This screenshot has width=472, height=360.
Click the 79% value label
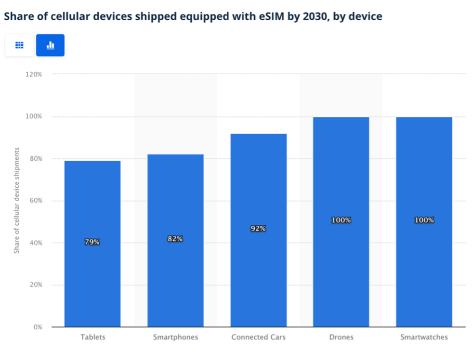point(92,242)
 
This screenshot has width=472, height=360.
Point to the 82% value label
point(175,239)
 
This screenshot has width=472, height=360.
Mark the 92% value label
point(258,229)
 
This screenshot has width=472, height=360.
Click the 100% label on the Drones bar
point(341,220)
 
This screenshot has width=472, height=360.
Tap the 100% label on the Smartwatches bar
point(424,220)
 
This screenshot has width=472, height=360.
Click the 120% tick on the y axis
point(34,75)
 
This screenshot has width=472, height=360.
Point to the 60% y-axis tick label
point(36,201)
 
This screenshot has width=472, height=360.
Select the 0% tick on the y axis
point(38,327)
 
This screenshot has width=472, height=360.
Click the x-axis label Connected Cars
point(258,337)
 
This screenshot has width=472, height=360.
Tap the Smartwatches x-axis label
point(424,337)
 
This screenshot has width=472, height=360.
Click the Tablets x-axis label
point(92,337)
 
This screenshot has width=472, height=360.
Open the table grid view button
point(19,45)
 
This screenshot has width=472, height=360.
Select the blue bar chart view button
point(50,45)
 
